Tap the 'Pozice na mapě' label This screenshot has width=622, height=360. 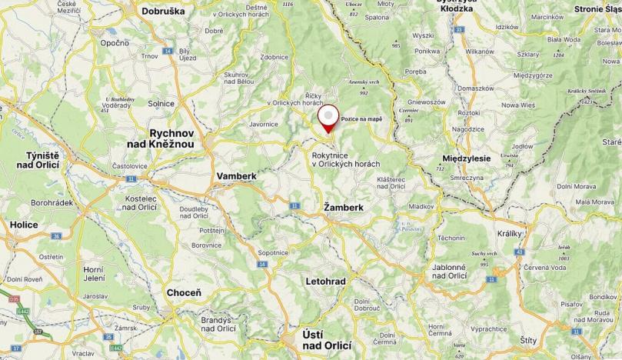[361, 119]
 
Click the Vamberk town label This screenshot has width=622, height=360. [236, 176]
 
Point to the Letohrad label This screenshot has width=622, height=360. [326, 282]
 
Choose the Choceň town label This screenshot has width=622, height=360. [184, 293]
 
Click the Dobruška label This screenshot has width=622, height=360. [165, 12]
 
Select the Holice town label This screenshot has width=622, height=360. [24, 225]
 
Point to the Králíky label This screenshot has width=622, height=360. [510, 233]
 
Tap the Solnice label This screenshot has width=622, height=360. [161, 103]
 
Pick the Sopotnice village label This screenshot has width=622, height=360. [273, 252]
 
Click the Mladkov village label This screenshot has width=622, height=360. [421, 206]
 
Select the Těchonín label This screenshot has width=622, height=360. [451, 238]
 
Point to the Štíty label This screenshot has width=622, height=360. [529, 339]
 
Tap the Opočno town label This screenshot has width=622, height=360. [115, 42]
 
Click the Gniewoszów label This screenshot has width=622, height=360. [426, 102]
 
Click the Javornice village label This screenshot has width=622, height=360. [264, 123]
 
